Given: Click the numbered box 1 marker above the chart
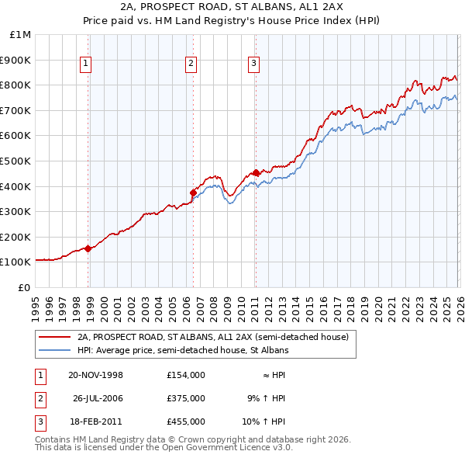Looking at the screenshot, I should click(x=86, y=64).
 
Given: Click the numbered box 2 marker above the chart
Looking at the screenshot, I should click(x=191, y=64).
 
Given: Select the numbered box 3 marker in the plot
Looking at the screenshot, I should click(x=253, y=64).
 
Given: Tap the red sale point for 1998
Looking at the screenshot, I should click(x=88, y=248).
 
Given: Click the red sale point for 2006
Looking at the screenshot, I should click(x=193, y=193).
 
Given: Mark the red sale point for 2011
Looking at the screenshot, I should click(x=256, y=172).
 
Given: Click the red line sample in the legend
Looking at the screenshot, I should click(x=53, y=337).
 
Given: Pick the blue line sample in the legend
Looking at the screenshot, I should click(x=53, y=350).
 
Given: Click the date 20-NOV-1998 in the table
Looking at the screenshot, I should click(x=95, y=375).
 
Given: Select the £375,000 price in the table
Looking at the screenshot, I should click(x=185, y=398).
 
